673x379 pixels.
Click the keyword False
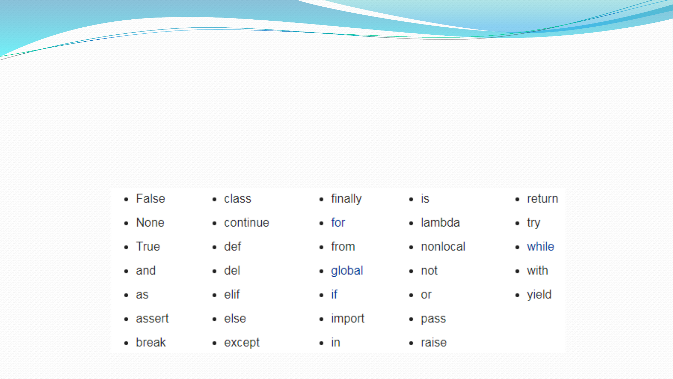pyautogui.click(x=150, y=199)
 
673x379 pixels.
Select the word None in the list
pyautogui.click(x=150, y=223)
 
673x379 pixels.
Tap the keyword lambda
pyautogui.click(x=440, y=223)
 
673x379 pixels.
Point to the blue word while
pyautogui.click(x=541, y=246)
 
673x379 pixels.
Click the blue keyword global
pyautogui.click(x=347, y=271)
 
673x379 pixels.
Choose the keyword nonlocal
pyautogui.click(x=443, y=246)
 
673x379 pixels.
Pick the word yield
pyautogui.click(x=539, y=295)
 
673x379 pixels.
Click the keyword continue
pyautogui.click(x=247, y=223)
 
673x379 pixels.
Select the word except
pyautogui.click(x=242, y=343)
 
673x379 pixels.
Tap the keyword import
pyautogui.click(x=348, y=319)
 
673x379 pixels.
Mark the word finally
pyautogui.click(x=346, y=199)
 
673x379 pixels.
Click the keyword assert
pyautogui.click(x=152, y=319)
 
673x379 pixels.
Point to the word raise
pyautogui.click(x=434, y=343)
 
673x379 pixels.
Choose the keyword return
pyautogui.click(x=542, y=199)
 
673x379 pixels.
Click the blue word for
pyautogui.click(x=338, y=223)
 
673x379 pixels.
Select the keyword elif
pyautogui.click(x=232, y=295)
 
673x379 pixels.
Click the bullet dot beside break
pyautogui.click(x=126, y=343)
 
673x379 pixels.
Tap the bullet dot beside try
pyautogui.click(x=517, y=223)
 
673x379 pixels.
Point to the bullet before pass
pyautogui.click(x=411, y=319)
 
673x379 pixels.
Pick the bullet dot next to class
pyautogui.click(x=214, y=199)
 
